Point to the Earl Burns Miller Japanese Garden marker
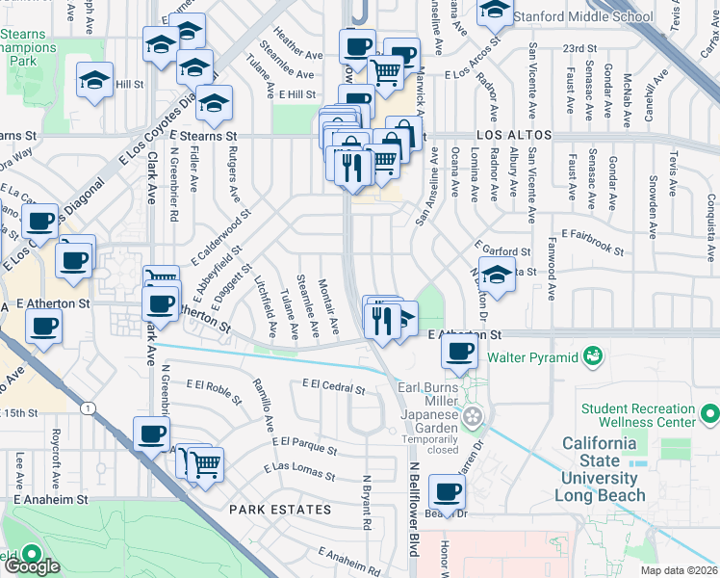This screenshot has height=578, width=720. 473,416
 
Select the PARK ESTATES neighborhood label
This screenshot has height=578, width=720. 279,509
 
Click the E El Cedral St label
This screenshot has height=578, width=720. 333,387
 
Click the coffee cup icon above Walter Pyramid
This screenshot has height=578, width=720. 459,353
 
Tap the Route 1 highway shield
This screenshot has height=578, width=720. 89,409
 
